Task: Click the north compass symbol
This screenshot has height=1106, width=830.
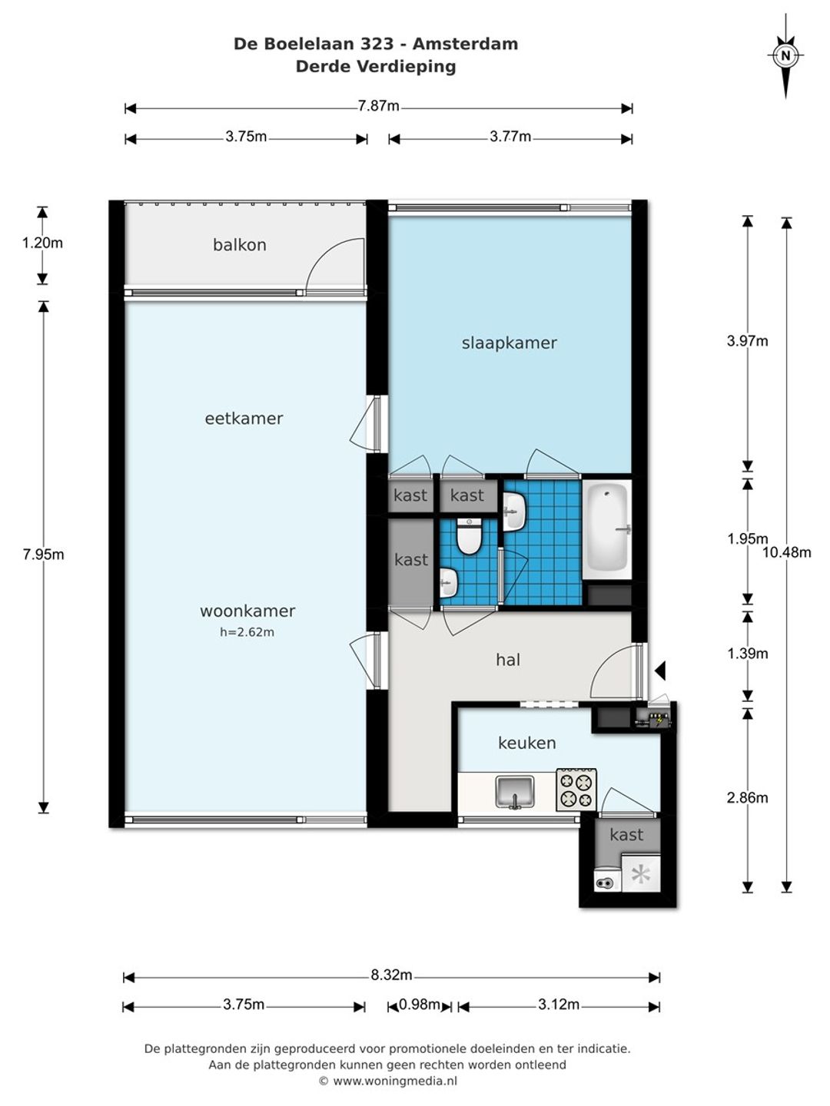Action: point(785,55)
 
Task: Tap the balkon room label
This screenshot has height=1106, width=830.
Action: point(239,245)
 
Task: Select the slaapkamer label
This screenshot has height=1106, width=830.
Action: point(509,343)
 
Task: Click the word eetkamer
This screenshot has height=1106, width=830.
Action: point(244,419)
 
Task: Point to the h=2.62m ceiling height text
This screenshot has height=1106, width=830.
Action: point(247,632)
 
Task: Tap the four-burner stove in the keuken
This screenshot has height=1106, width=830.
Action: point(576,790)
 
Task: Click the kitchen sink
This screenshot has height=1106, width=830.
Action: point(515,792)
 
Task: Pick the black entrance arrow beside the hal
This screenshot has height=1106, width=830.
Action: point(660,671)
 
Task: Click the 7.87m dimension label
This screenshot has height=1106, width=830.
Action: point(378,106)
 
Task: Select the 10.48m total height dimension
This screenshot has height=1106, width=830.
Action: point(787,553)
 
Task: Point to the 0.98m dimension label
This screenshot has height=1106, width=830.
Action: point(420,1005)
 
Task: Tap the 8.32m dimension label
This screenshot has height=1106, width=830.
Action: point(392,975)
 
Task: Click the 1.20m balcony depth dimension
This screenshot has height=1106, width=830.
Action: point(42,243)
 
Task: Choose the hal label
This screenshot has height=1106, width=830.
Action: point(508,660)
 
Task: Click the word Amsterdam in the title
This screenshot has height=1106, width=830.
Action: point(465,44)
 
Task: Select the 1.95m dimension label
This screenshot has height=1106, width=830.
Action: point(747,538)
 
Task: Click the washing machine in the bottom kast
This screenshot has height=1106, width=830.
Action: point(606,878)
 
